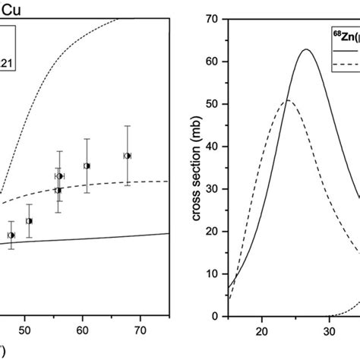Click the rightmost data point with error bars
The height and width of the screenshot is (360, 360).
point(128,156)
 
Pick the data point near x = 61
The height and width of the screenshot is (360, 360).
point(87,166)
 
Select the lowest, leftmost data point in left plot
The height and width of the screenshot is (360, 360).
point(11,235)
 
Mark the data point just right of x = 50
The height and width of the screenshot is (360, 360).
point(29,221)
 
